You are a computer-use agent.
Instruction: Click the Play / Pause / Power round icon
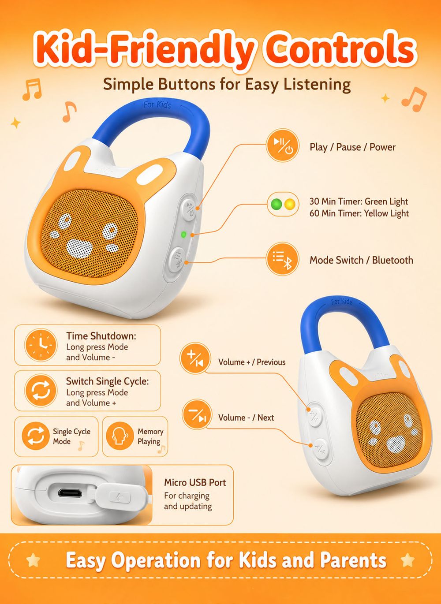[283, 145]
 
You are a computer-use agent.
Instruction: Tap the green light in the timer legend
[276, 204]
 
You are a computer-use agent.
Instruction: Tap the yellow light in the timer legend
[289, 204]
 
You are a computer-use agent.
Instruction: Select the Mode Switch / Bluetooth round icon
[283, 259]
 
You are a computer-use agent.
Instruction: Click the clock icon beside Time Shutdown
[41, 345]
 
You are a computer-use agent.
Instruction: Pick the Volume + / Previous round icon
[195, 358]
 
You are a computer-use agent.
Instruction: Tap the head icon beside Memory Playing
[120, 436]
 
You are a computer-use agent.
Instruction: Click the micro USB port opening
[70, 493]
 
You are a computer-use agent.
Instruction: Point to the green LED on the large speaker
[184, 235]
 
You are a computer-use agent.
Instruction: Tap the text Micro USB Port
[195, 482]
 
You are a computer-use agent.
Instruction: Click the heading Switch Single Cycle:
[107, 381]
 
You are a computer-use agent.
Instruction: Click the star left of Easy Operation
[34, 560]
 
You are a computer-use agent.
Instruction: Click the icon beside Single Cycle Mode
[36, 436]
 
